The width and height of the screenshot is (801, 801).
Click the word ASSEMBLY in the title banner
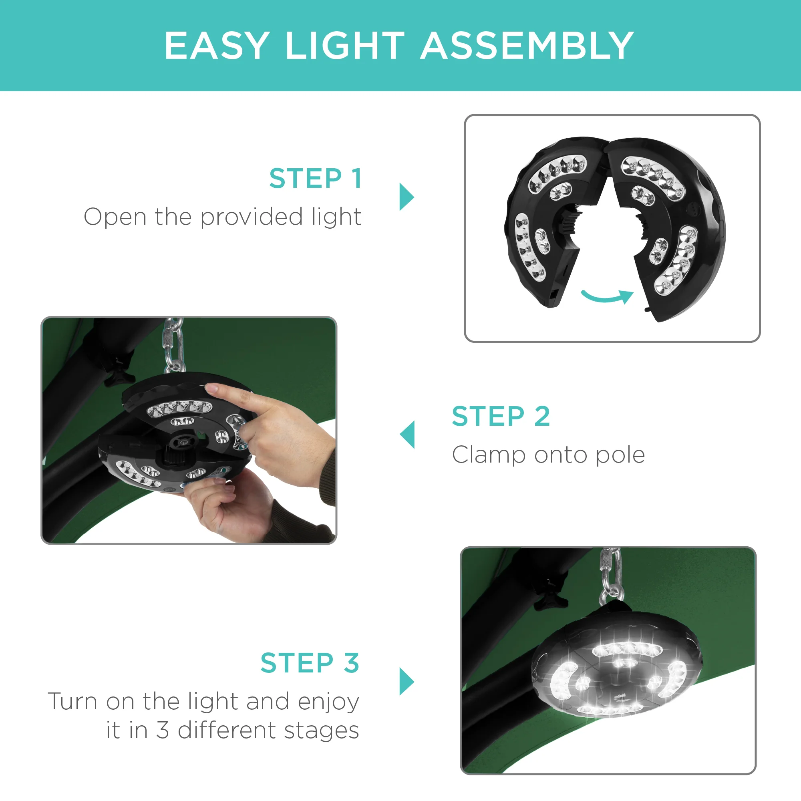[x=527, y=46]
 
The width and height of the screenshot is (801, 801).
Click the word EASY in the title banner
[x=217, y=46]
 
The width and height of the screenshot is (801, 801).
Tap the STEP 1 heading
[x=316, y=179]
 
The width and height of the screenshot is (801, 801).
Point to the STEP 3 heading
[x=310, y=663]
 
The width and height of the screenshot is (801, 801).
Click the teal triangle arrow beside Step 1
[x=406, y=197]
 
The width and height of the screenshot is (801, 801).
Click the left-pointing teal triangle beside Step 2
[x=408, y=435]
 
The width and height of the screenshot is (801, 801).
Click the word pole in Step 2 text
[x=620, y=456]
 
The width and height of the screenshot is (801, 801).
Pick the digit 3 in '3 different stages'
[x=163, y=730]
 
